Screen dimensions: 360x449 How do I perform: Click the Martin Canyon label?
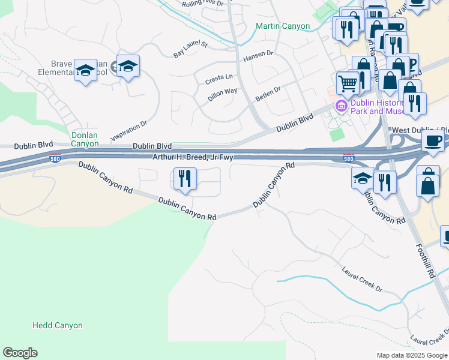coord(283,26)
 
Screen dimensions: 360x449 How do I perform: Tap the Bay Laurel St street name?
coord(190,50)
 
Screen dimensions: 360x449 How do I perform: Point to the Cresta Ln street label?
coord(218,78)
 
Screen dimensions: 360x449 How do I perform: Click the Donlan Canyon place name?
coord(84,139)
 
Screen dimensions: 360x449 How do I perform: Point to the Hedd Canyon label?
coord(57,326)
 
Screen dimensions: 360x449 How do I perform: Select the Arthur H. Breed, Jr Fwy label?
coord(192,157)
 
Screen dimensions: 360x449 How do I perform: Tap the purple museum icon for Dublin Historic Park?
coord(342,107)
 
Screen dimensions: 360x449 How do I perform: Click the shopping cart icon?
coord(347,82)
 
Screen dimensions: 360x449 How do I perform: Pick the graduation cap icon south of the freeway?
coord(362,178)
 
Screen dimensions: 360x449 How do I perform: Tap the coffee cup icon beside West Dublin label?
coord(433,140)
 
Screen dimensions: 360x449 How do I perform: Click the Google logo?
coord(20,353)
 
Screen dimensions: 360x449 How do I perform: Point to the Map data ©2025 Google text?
coord(411,355)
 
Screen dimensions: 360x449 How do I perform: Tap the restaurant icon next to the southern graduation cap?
coord(384,181)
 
